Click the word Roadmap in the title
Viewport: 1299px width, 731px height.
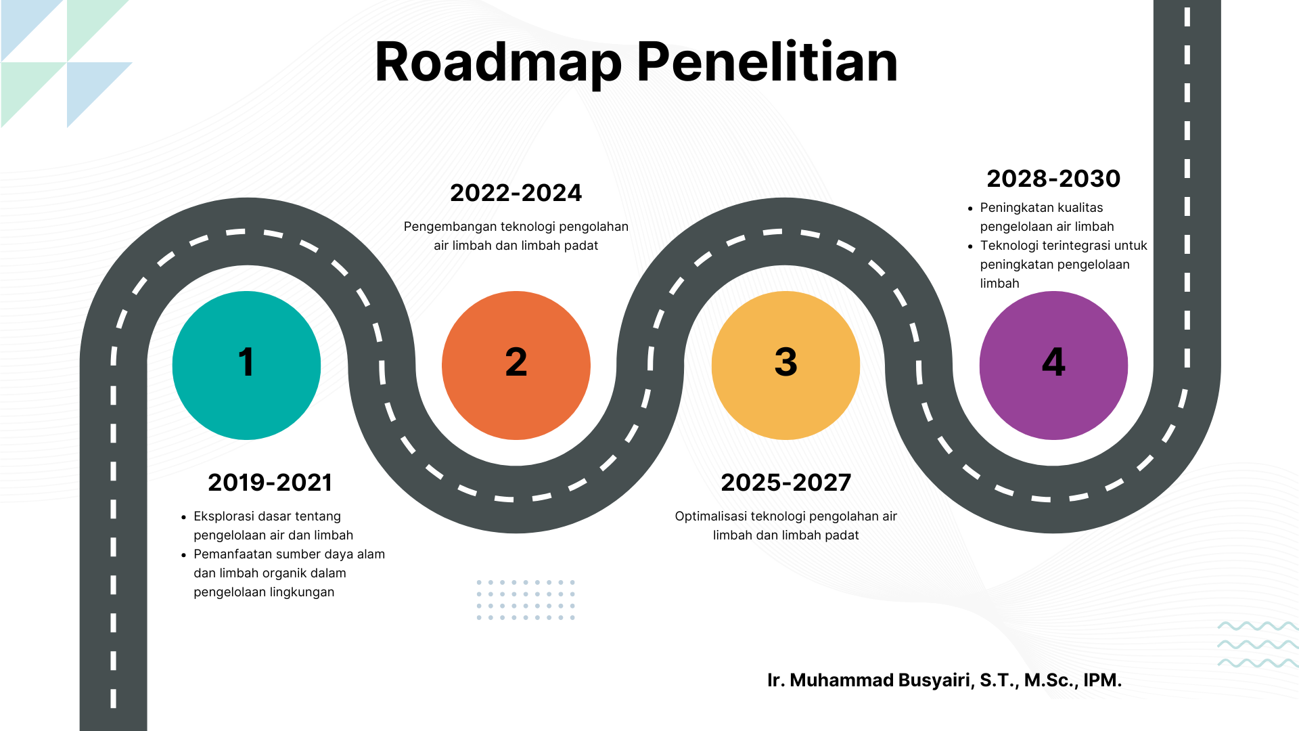tap(498, 62)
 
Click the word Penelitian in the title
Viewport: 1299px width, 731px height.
tap(767, 62)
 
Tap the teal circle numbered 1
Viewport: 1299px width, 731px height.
tap(246, 365)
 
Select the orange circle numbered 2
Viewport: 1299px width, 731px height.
tap(516, 365)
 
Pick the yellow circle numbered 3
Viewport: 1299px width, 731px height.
tap(785, 365)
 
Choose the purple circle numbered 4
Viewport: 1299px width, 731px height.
tap(1053, 365)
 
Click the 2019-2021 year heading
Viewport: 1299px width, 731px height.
tap(270, 483)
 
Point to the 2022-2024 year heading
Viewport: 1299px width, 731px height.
tap(516, 193)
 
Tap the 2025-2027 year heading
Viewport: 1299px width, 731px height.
tap(786, 483)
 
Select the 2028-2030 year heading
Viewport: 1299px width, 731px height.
tap(1053, 179)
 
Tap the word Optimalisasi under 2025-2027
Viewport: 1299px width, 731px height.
tap(710, 516)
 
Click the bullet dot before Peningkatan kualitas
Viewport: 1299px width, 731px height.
tap(970, 208)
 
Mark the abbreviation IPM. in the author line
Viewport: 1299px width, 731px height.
tap(1103, 680)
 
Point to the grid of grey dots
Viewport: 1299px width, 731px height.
tap(526, 600)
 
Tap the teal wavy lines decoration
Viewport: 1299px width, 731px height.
tap(1258, 644)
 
